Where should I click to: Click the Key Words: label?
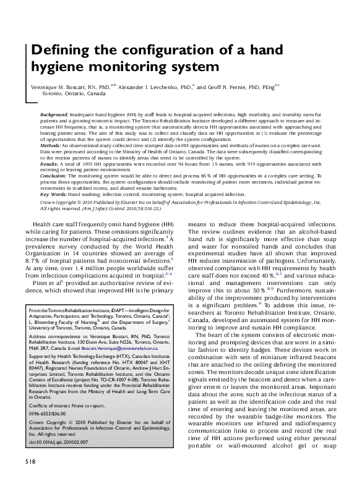click(x=54, y=193)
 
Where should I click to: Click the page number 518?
click(x=30, y=462)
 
